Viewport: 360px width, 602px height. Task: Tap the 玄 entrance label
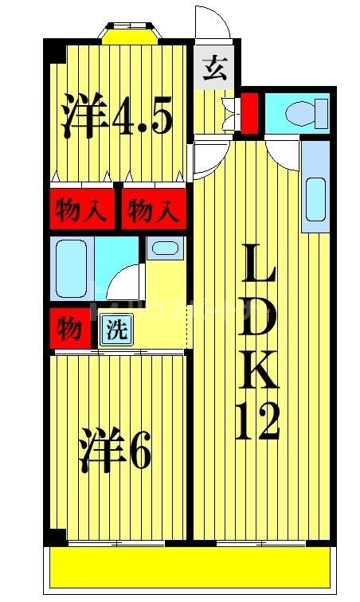(x=215, y=71)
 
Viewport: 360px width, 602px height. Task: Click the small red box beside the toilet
(x=248, y=112)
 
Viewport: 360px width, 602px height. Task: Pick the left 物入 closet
(x=81, y=211)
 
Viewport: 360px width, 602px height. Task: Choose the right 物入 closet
(x=152, y=211)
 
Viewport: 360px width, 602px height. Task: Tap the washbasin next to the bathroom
(x=164, y=248)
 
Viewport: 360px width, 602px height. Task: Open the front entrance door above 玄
(x=212, y=24)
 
